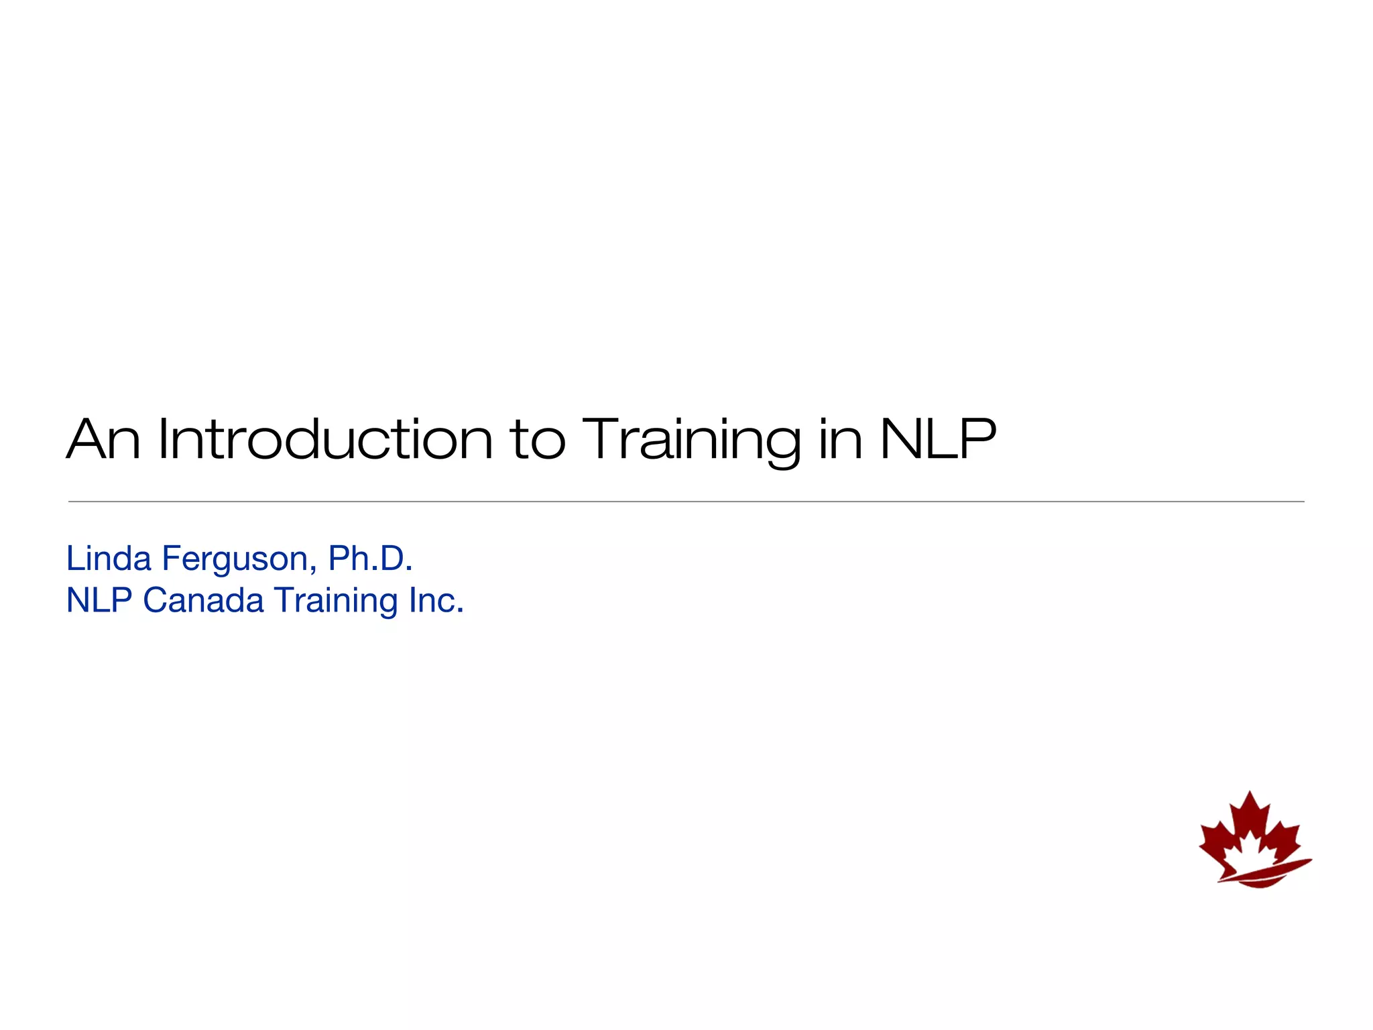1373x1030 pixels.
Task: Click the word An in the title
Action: [103, 440]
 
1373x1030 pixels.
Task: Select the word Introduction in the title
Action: [325, 440]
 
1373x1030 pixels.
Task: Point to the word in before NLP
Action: [840, 440]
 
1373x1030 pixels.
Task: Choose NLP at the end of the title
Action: [937, 440]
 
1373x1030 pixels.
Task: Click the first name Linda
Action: [109, 558]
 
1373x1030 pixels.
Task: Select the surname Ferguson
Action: [234, 559]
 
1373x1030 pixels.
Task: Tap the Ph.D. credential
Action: [369, 558]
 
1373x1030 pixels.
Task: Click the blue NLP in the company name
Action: [99, 599]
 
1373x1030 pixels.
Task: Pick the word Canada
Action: [203, 599]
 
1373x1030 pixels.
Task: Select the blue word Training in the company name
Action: [337, 601]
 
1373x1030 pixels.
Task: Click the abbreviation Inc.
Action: [436, 599]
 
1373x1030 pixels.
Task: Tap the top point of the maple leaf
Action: [1249, 794]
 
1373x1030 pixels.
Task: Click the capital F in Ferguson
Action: [170, 558]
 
